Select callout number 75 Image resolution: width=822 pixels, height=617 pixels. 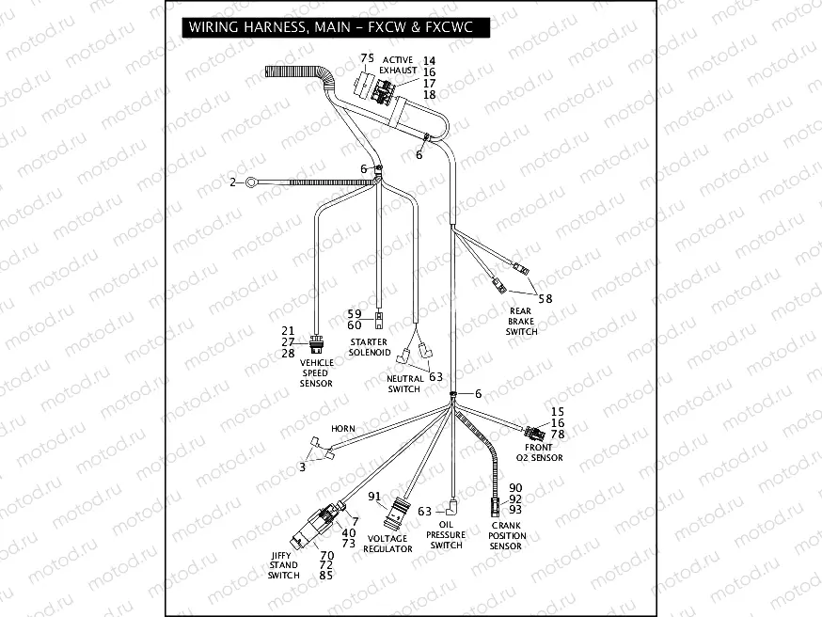click(367, 58)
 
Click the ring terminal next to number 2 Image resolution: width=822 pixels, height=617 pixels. click(250, 183)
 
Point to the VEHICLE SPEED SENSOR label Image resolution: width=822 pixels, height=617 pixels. click(316, 372)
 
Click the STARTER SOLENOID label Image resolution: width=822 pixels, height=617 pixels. click(370, 347)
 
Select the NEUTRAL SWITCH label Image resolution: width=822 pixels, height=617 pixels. click(403, 384)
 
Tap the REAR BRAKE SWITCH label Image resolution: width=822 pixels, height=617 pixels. click(522, 321)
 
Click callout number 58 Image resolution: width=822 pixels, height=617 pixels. click(545, 298)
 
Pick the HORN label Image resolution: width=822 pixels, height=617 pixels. click(342, 429)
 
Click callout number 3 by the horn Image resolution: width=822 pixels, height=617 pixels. click(303, 466)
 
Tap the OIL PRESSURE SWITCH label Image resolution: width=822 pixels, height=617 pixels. click(446, 535)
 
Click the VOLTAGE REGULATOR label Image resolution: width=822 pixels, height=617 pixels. click(387, 544)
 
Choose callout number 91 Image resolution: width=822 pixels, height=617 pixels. click(374, 497)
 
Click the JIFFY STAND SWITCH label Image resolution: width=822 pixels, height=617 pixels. click(284, 565)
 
